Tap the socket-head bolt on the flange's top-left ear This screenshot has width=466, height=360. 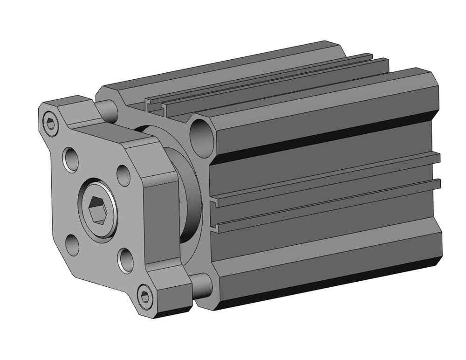51,124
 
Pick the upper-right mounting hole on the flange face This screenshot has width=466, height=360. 123,174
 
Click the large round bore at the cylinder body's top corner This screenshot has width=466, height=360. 202,132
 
